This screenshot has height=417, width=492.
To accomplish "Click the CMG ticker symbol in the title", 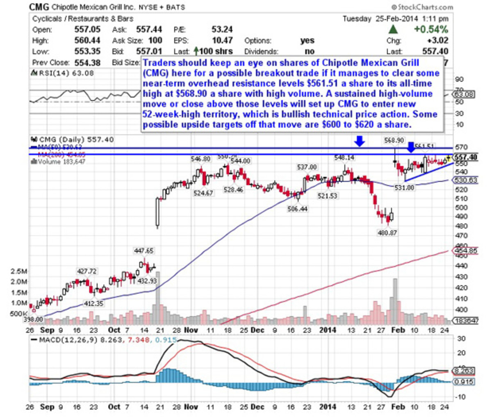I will tap(39, 7).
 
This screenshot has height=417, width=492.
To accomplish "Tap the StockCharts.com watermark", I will tap(422, 7).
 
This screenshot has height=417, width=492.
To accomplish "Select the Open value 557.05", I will tap(87, 30).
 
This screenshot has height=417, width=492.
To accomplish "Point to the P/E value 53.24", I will tap(222, 30).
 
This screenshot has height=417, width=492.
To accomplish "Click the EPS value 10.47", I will tap(222, 41).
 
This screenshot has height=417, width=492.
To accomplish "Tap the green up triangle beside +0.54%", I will tap(393, 30).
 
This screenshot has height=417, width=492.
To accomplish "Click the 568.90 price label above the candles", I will tap(394, 141).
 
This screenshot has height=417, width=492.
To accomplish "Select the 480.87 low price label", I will tap(387, 232).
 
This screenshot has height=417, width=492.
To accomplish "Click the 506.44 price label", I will tap(298, 209).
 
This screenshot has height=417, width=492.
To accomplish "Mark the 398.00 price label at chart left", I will tap(33, 319).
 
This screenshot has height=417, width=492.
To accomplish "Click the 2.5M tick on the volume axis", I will tap(19, 271).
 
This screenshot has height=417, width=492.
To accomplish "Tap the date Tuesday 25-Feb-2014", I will tap(395, 19).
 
